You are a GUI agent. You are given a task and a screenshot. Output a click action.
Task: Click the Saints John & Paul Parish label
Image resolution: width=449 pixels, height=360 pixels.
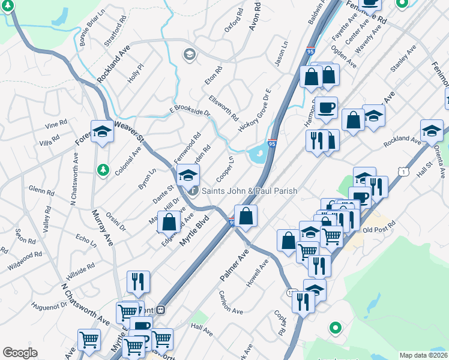pos(249,191)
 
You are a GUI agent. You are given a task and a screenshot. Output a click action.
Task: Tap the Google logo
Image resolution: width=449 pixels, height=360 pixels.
pos(20,353)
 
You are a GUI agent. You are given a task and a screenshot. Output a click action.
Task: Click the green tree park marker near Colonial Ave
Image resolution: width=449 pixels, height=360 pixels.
pos(103,170)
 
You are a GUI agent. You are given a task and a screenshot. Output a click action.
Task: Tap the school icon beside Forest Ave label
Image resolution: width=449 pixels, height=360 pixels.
pos(102,131)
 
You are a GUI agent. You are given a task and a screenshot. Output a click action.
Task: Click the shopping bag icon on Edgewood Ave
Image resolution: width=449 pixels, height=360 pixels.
pos(169,221)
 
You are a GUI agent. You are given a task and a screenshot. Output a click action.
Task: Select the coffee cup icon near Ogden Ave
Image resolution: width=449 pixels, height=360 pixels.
pos(326,107)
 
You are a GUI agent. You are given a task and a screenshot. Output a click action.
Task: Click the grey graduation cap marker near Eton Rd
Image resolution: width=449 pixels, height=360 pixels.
pos(190,55)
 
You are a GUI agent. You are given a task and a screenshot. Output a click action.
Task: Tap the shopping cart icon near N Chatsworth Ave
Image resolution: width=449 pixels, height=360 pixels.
pos(89,340)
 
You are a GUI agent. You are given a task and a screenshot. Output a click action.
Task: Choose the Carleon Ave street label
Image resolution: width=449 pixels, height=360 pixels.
pos(231,303)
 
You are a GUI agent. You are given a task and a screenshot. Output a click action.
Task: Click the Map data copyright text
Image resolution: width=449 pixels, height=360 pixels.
pos(424,355)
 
